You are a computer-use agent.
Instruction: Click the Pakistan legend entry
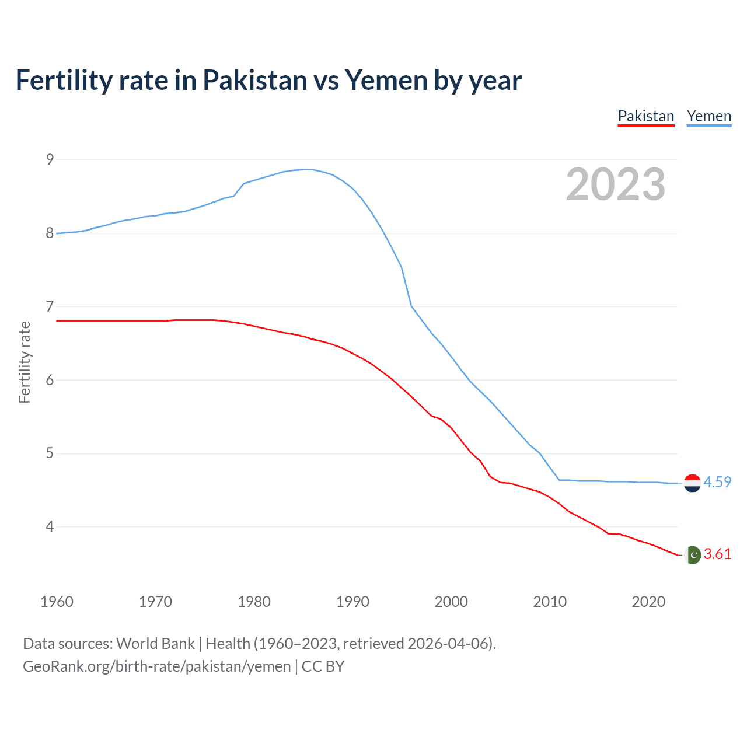645,116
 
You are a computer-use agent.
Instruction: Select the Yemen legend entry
708,116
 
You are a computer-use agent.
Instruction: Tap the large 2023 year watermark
615,184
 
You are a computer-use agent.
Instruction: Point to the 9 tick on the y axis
50,159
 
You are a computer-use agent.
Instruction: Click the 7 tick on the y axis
50,306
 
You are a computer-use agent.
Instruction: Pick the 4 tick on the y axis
50,526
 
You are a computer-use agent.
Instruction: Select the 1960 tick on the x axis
57,602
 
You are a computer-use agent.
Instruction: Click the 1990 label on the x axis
352,602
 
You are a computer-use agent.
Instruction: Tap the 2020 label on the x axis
648,602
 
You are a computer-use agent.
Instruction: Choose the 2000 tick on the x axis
451,602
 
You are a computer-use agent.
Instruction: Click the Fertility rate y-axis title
25,362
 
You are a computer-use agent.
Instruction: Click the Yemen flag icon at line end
692,483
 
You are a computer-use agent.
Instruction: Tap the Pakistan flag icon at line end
692,554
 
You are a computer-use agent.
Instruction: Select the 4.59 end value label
717,482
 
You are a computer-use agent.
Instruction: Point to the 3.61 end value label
717,554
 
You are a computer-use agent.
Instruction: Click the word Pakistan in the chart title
254,81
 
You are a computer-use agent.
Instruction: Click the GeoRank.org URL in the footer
156,666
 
